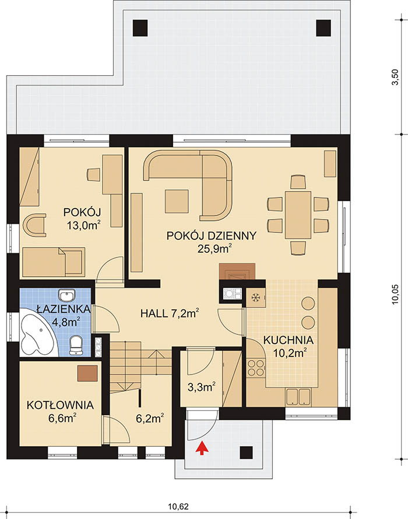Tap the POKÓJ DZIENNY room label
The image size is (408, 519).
211,236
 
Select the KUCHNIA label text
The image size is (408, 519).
288,340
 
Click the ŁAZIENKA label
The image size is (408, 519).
64,309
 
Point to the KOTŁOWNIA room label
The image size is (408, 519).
60,405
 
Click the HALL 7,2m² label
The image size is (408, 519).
170,313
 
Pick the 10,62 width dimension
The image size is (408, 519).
178,506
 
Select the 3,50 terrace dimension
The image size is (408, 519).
395,77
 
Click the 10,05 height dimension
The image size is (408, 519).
395,295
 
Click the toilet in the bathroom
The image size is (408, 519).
76,345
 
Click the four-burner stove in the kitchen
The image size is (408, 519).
256,368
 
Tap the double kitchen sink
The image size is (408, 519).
298,397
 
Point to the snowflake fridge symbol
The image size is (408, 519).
255,298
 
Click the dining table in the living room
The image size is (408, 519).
298,215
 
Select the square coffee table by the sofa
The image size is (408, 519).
177,201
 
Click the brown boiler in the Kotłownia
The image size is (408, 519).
87,373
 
